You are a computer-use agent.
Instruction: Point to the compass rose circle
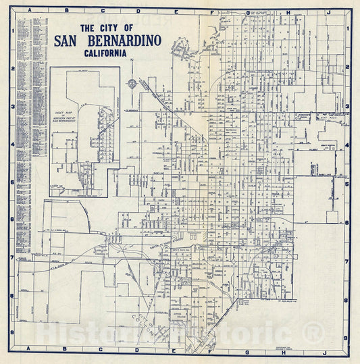click(x=132, y=84)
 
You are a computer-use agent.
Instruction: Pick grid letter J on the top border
click(x=328, y=11)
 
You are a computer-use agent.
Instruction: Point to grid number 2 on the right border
click(x=346, y=68)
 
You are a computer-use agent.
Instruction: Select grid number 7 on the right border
click(x=346, y=261)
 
